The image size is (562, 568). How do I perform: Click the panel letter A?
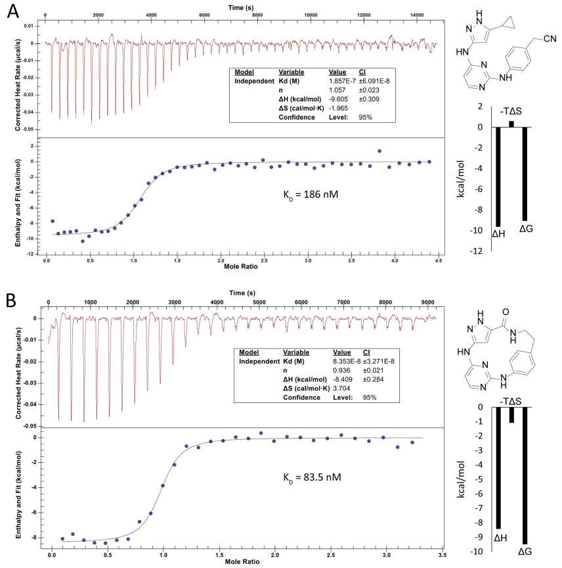coord(12,12)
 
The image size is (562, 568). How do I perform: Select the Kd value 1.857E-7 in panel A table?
coord(341,81)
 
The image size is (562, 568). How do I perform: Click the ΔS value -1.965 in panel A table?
coord(339,108)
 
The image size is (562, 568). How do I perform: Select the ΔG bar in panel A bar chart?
coord(525,174)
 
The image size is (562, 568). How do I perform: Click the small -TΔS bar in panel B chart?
coord(511,414)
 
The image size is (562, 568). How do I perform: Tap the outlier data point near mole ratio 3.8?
coord(379,151)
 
